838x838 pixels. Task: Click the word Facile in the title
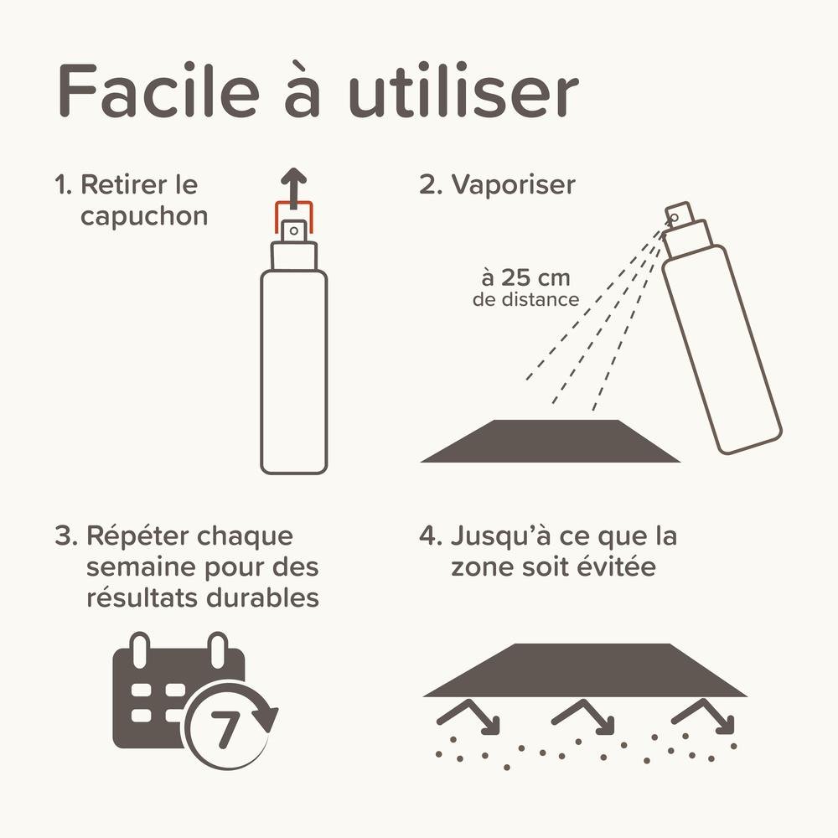[x=158, y=91]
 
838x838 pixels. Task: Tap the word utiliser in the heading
[x=463, y=91]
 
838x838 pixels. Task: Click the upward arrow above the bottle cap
[x=294, y=188]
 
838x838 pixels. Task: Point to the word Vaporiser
[x=514, y=185]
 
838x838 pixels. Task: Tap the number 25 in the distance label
[x=517, y=278]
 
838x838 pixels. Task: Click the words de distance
[x=526, y=299]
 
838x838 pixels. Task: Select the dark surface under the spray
[x=551, y=441]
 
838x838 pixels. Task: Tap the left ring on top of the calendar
[x=139, y=650]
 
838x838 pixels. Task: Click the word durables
[x=263, y=597]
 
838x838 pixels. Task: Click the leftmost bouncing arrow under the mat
[x=468, y=716]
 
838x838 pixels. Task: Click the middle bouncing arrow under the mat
[x=582, y=716]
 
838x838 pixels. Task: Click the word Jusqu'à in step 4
[x=501, y=536]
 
